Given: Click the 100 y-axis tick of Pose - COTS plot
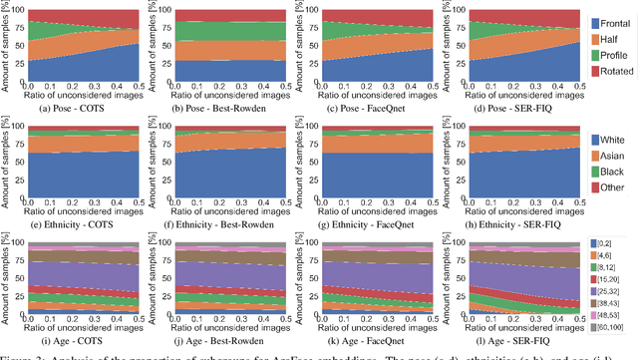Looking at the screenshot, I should pos(21,8).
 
